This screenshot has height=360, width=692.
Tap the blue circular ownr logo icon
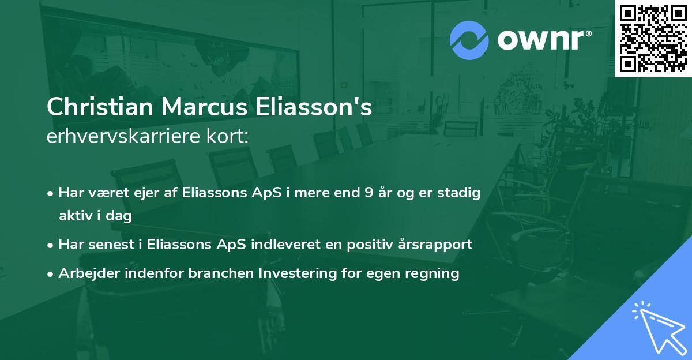(469, 40)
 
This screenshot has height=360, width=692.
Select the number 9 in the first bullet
(368, 193)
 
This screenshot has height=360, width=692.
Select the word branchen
(219, 273)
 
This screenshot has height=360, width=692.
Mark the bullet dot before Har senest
(51, 245)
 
